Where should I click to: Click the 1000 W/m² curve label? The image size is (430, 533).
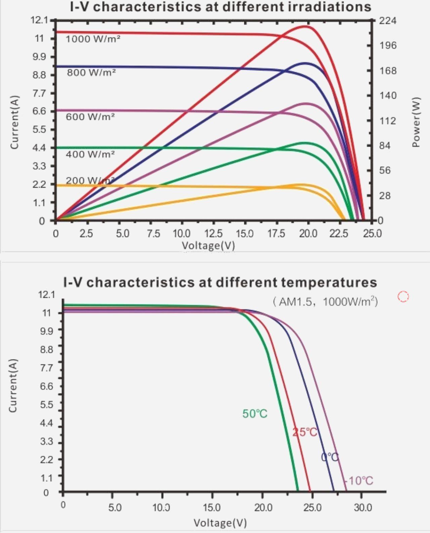click(93, 39)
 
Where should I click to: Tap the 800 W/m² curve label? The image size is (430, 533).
click(91, 72)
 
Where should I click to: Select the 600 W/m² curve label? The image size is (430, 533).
click(90, 117)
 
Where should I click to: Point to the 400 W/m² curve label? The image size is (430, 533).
click(90, 154)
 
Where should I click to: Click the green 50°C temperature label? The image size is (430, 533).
click(255, 414)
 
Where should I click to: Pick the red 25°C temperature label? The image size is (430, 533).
click(305, 432)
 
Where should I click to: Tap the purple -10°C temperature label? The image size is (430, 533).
click(358, 481)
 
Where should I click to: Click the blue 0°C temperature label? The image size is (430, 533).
click(330, 457)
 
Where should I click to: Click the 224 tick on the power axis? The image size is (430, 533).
click(388, 21)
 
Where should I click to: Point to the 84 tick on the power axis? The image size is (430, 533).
click(385, 146)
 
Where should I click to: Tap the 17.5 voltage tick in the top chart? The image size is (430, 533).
click(276, 233)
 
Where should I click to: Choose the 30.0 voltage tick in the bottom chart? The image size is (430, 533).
click(362, 507)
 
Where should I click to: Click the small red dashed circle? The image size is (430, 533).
click(403, 296)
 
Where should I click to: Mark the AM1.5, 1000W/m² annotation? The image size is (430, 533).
click(325, 301)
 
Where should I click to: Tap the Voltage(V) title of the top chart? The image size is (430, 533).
click(208, 245)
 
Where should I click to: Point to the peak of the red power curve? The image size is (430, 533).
click(306, 26)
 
